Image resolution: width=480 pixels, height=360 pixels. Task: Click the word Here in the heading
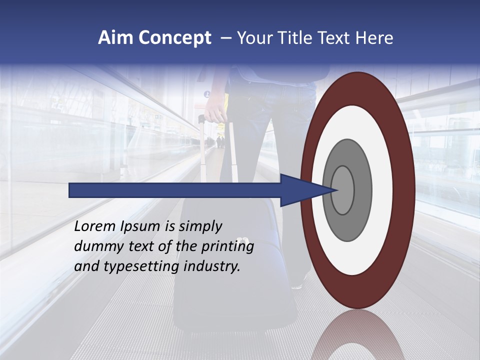tap(374, 38)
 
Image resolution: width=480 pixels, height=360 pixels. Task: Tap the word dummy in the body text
tap(95, 246)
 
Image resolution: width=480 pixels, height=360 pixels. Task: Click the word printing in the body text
tap(227, 247)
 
